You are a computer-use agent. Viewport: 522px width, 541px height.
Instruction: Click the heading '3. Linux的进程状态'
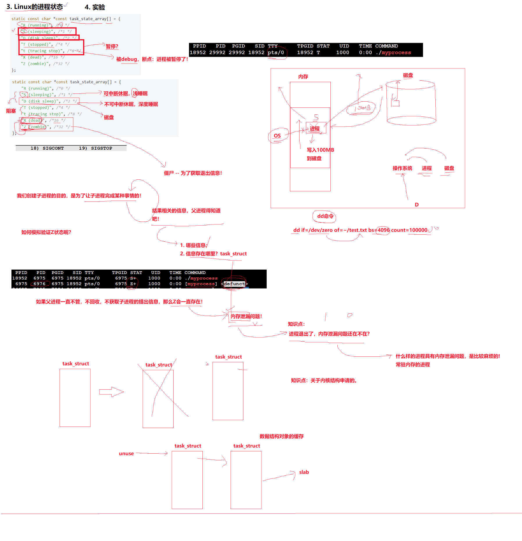tap(35, 7)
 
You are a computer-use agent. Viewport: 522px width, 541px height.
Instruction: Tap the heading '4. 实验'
tap(95, 7)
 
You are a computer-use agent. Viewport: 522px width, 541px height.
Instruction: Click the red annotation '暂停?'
tap(112, 46)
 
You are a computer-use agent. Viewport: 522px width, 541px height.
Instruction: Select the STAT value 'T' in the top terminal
tap(318, 53)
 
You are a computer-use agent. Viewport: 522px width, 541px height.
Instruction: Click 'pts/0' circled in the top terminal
tap(276, 53)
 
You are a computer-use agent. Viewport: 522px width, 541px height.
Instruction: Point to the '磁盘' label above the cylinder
tap(408, 75)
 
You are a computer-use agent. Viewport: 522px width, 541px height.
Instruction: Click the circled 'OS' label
tap(277, 136)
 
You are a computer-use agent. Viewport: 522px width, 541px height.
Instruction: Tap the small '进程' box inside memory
tap(315, 129)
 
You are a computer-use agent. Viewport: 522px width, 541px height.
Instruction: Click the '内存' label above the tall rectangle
tap(303, 77)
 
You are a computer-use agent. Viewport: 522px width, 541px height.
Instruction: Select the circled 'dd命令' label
tap(325, 216)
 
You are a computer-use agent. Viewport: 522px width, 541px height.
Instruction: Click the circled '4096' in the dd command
tap(383, 230)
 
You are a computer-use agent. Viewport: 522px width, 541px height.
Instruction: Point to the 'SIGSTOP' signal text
tap(101, 148)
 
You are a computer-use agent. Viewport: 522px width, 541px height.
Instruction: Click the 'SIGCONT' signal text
tap(53, 148)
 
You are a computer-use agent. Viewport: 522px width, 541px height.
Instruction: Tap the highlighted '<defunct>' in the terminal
tap(234, 284)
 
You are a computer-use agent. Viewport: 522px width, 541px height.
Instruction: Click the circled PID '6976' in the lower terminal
tap(39, 284)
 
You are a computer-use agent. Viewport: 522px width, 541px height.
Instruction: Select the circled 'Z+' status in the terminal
tap(133, 284)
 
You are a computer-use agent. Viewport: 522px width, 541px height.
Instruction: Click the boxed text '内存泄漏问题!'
tap(246, 316)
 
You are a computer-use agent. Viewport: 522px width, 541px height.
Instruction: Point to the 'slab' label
tap(304, 472)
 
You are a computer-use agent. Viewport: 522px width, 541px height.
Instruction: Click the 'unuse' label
tap(126, 453)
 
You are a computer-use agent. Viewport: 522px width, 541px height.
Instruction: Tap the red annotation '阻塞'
tap(11, 111)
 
